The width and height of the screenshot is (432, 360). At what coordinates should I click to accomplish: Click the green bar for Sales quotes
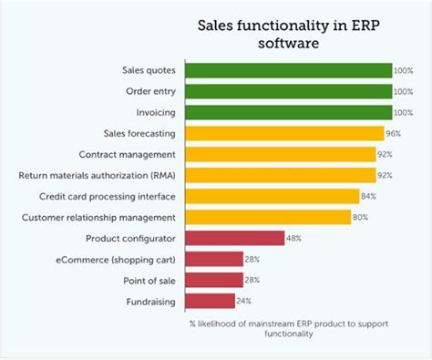(x=287, y=71)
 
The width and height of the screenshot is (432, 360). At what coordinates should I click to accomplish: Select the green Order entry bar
(x=287, y=92)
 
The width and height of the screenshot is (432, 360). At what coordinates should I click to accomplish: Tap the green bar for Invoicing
(x=287, y=113)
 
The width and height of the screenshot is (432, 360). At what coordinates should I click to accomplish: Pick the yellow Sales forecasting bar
(x=283, y=134)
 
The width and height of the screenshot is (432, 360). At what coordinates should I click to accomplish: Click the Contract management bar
(x=280, y=155)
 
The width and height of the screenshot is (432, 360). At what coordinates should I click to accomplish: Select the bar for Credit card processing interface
(x=272, y=196)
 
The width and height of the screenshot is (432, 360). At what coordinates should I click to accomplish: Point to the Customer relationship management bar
(x=268, y=217)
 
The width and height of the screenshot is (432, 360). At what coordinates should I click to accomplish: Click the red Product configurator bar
(x=234, y=238)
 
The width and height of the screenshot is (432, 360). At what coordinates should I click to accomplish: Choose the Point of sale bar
(x=213, y=280)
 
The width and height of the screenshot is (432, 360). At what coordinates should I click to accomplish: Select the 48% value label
(x=294, y=239)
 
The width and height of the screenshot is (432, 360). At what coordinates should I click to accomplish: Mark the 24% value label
(x=245, y=301)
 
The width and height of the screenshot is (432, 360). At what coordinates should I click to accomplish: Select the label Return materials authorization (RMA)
(x=99, y=175)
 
